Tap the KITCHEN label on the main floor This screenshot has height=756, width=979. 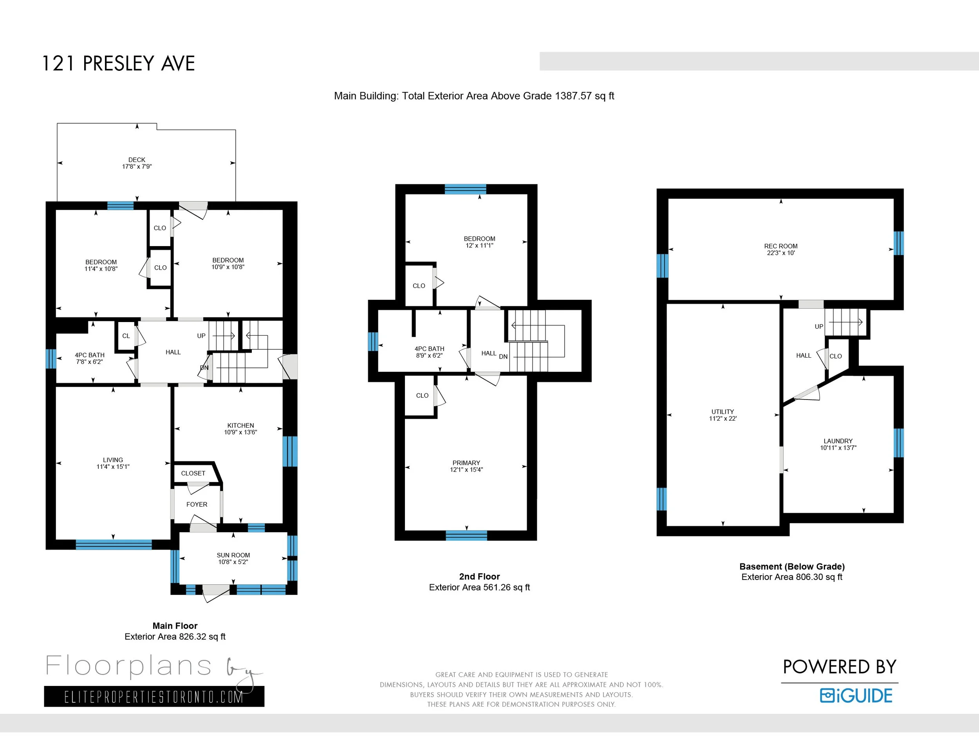241,425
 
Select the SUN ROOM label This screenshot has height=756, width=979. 233,555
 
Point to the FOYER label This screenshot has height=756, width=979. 197,504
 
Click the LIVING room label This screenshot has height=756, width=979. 113,460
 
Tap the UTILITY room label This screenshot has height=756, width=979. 723,412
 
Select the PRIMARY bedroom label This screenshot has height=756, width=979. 466,463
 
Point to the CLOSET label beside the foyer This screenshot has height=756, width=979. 193,473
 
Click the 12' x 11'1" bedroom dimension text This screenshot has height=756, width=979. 480,245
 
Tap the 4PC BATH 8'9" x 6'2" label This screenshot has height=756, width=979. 430,352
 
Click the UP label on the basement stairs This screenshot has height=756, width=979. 819,326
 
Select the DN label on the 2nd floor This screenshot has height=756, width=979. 503,356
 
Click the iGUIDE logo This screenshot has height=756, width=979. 856,695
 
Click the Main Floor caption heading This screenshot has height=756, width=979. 175,626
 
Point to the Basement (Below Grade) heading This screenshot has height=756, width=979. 792,567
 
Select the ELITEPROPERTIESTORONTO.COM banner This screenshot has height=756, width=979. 154,697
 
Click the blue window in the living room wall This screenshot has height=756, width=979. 114,545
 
